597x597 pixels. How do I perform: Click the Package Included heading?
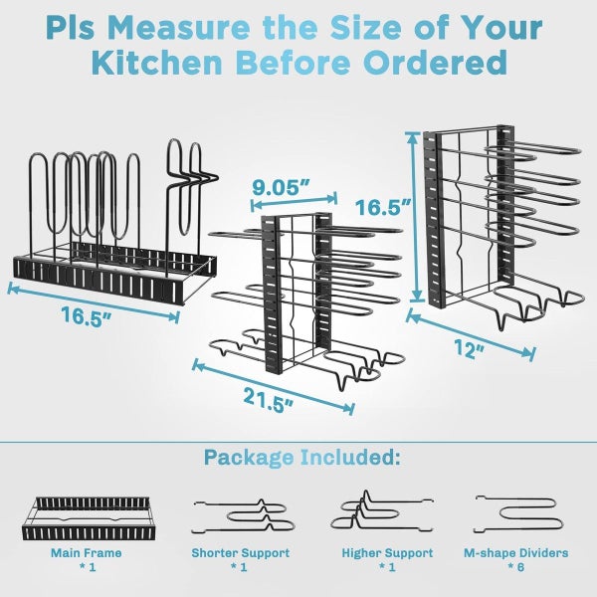click(x=302, y=458)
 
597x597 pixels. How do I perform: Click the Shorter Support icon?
click(x=240, y=513)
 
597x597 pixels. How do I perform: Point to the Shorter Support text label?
click(x=240, y=552)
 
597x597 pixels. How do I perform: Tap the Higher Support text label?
click(x=387, y=552)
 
